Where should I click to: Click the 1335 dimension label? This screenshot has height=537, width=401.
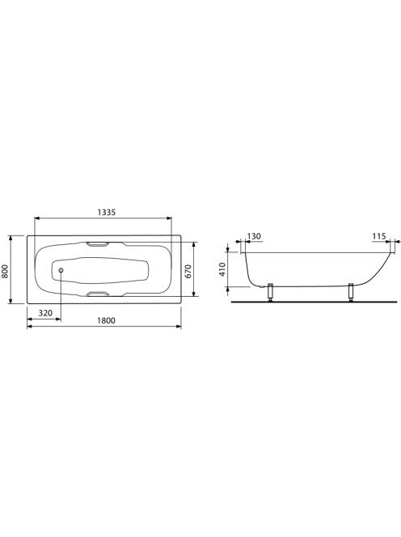(x=107, y=213)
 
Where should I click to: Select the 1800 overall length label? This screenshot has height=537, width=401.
(x=107, y=320)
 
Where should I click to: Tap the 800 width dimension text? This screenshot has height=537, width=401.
(x=6, y=270)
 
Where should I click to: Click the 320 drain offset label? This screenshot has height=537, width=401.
(x=45, y=313)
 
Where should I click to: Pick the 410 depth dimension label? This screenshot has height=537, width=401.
(x=222, y=269)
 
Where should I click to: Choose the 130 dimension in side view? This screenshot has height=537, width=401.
(x=254, y=236)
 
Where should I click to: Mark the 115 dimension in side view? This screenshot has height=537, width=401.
(x=379, y=236)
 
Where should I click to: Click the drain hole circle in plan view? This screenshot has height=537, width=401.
(x=61, y=271)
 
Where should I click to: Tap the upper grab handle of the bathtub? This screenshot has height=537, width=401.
(x=98, y=244)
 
